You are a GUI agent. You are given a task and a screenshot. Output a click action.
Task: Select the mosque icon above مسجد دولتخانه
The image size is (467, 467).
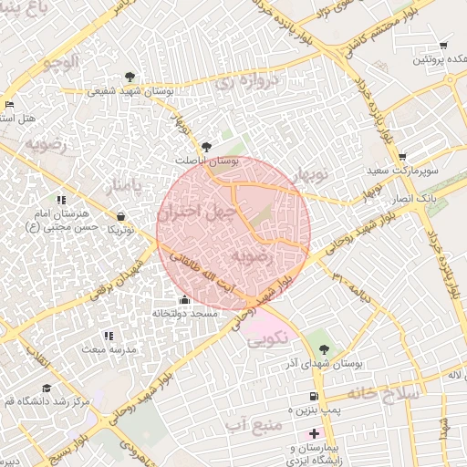185,300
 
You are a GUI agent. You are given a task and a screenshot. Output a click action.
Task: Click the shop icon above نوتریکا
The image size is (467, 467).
121,217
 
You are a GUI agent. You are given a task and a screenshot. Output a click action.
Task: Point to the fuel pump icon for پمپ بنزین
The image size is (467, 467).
314,397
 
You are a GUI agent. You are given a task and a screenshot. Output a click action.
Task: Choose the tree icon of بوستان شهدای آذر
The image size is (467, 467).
324,350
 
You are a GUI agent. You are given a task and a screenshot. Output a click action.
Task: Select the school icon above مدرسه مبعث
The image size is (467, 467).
109,337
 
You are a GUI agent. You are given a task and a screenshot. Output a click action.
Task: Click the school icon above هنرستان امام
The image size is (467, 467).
60,200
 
